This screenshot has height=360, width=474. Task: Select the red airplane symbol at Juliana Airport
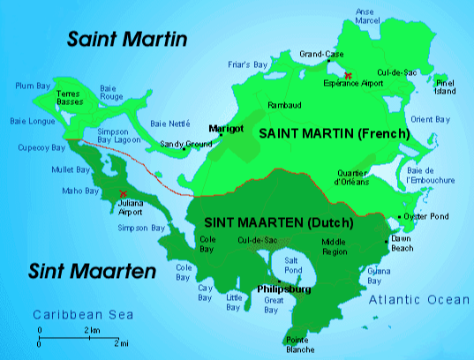pos(123,193)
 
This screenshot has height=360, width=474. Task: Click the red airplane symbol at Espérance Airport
pos(350,75)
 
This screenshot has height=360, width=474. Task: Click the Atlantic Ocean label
pos(418,300)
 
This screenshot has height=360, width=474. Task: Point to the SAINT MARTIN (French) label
pos(334,133)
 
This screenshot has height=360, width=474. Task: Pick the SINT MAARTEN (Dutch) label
pos(278,222)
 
